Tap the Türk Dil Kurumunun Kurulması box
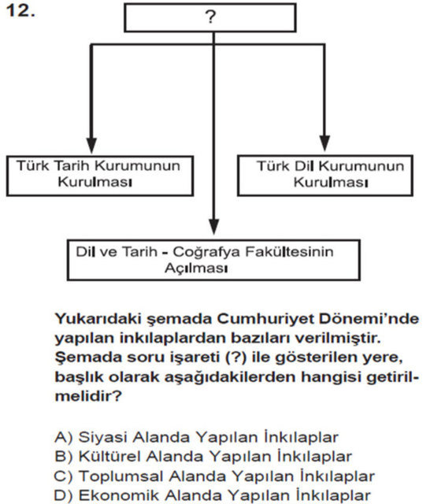click(x=330, y=174)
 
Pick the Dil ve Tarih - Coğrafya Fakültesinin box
click(x=212, y=259)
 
